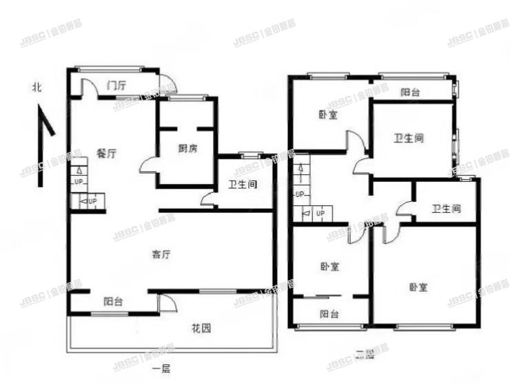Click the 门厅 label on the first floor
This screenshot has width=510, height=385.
[116, 86]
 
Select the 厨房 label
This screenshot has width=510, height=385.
[187, 149]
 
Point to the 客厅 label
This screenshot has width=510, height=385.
[161, 255]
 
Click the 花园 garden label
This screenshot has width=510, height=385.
[202, 328]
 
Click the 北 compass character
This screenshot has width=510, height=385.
[37, 88]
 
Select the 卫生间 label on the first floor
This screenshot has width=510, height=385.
[243, 185]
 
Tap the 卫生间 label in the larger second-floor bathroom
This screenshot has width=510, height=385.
[409, 138]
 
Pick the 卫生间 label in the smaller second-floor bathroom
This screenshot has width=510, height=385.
[446, 208]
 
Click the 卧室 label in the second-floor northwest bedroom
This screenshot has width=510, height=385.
[328, 115]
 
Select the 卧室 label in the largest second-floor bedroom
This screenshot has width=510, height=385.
[418, 287]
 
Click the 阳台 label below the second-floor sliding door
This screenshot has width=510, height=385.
[329, 314]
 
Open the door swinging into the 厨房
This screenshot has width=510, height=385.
[147, 165]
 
